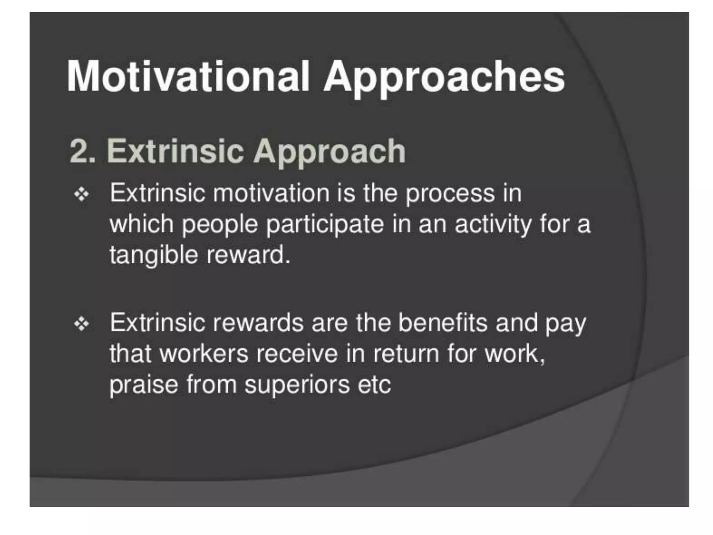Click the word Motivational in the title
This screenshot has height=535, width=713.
coord(188,77)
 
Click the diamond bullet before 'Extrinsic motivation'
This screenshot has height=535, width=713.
coord(81,194)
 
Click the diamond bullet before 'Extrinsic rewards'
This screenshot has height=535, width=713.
coord(81,324)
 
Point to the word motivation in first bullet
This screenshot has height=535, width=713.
coord(271,193)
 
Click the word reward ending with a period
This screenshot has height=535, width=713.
coord(248,255)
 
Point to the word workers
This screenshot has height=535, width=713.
coord(204,354)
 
